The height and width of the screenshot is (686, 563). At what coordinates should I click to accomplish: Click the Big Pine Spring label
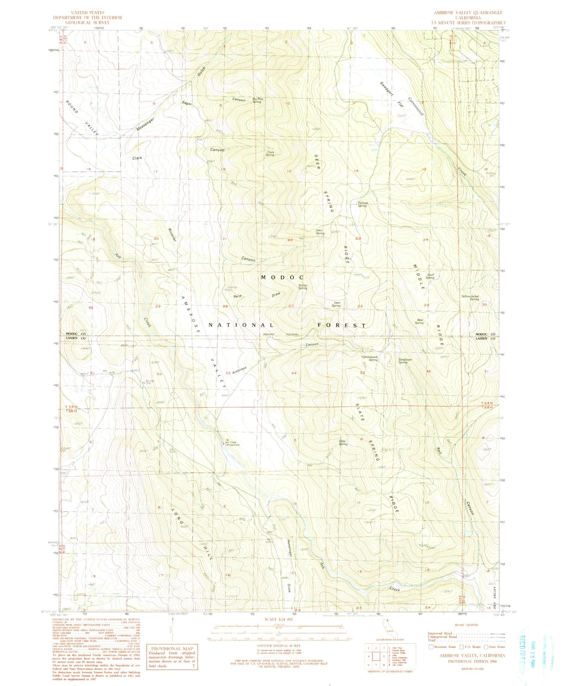[x=258, y=100]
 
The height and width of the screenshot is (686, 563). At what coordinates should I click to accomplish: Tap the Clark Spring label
[x=270, y=154]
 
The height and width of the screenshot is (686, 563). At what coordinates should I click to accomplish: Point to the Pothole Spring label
[x=362, y=204]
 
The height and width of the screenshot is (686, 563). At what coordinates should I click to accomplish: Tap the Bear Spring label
[x=419, y=321]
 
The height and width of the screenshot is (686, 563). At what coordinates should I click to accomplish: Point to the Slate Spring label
[x=343, y=442]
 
